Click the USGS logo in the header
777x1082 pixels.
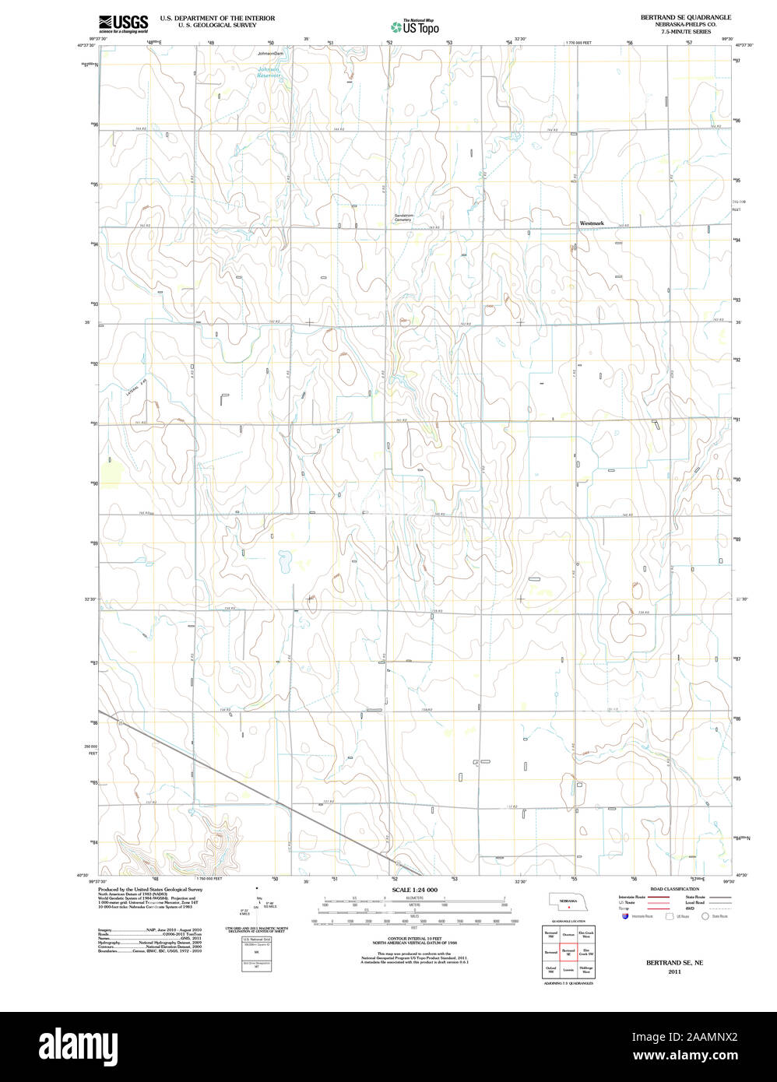tap(123, 23)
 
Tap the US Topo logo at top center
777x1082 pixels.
tap(415, 26)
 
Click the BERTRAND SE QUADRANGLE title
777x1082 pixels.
tap(675, 17)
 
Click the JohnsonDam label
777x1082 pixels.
tap(271, 53)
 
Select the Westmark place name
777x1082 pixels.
tap(592, 223)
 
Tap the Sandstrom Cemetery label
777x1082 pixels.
tap(403, 217)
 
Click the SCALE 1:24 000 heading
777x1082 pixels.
tap(414, 890)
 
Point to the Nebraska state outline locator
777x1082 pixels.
tap(569, 901)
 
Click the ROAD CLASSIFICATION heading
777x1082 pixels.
tap(674, 889)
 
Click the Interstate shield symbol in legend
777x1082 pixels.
tap(624, 916)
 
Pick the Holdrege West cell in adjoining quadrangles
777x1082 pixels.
tap(586, 970)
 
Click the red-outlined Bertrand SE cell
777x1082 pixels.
tap(568, 951)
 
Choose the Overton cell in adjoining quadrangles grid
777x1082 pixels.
tap(568, 933)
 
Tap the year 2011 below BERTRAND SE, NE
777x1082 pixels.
tap(674, 971)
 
